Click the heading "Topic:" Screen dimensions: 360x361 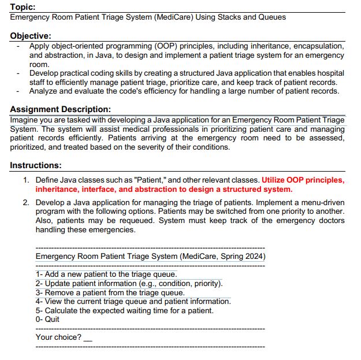point(23,7)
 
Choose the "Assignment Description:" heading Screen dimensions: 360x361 point(61,109)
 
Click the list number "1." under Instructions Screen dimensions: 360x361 point(27,180)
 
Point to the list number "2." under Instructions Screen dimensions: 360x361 point(27,203)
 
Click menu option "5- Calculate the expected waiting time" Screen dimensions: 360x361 point(124,310)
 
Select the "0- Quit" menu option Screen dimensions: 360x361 point(47,319)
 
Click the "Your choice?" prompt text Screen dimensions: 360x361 point(58,337)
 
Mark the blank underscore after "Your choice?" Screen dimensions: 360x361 point(88,339)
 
